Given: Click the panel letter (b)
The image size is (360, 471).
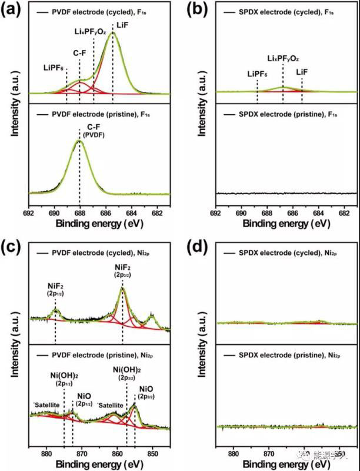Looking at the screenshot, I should (x=194, y=10).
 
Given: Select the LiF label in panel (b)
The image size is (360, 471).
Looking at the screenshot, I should (x=302, y=71).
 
